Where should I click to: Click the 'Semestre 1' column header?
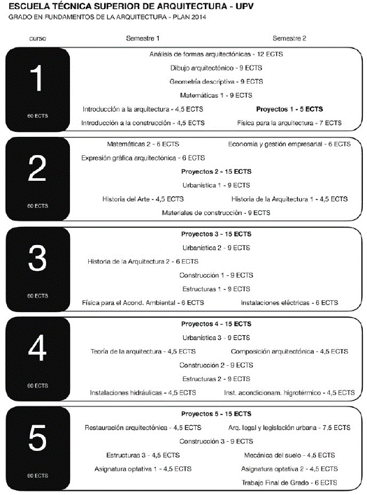[143, 38]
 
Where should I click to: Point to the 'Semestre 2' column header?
[289, 38]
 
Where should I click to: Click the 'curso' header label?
[38, 38]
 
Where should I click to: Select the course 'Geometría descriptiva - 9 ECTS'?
[206, 81]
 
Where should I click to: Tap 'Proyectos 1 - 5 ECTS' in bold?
[289, 109]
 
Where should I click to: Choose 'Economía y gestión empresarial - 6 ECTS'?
[289, 144]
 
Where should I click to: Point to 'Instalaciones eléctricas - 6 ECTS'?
[289, 302]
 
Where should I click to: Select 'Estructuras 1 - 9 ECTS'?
[216, 288]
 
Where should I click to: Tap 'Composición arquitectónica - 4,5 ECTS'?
[289, 351]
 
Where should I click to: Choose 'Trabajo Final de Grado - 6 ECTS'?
[289, 482]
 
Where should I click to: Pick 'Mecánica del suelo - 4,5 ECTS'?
[289, 455]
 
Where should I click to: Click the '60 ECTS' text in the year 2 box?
[38, 206]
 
